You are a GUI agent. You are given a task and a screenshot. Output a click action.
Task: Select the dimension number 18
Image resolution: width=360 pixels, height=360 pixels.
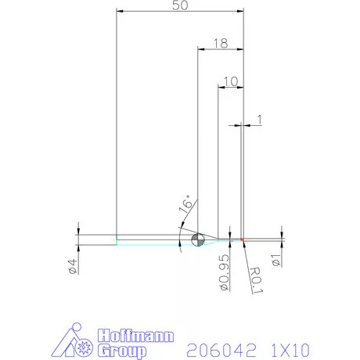pos(220,44)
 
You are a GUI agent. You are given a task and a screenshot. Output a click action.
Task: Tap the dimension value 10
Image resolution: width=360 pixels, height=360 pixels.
pos(230,81)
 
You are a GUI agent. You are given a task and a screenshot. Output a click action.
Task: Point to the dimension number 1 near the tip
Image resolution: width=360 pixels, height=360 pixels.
pos(259,119)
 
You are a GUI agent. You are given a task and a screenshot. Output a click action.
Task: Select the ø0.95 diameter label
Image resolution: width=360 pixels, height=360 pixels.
pos(223,272)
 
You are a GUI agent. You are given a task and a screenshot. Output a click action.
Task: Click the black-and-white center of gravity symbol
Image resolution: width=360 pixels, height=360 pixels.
pos(196,239)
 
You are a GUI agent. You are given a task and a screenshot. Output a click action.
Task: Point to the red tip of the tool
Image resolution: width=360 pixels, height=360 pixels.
pos(243,239)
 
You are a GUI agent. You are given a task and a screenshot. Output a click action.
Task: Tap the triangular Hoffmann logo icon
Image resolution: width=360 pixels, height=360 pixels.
pos(77,342)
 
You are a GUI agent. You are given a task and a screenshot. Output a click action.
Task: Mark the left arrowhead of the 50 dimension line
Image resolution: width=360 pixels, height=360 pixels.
pos(119,11)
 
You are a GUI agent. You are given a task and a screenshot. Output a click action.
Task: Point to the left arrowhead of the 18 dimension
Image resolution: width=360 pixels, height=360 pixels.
pos(200,49)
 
